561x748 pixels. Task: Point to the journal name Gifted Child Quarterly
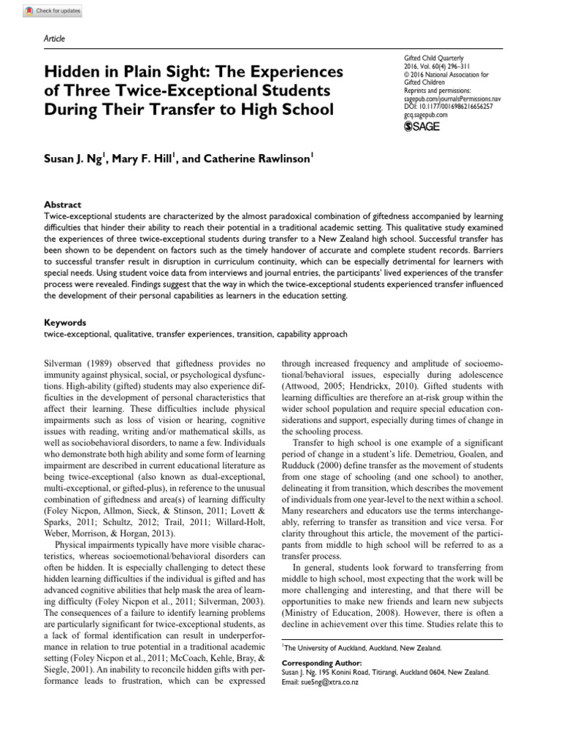click(435, 57)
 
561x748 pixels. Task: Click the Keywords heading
click(65, 322)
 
